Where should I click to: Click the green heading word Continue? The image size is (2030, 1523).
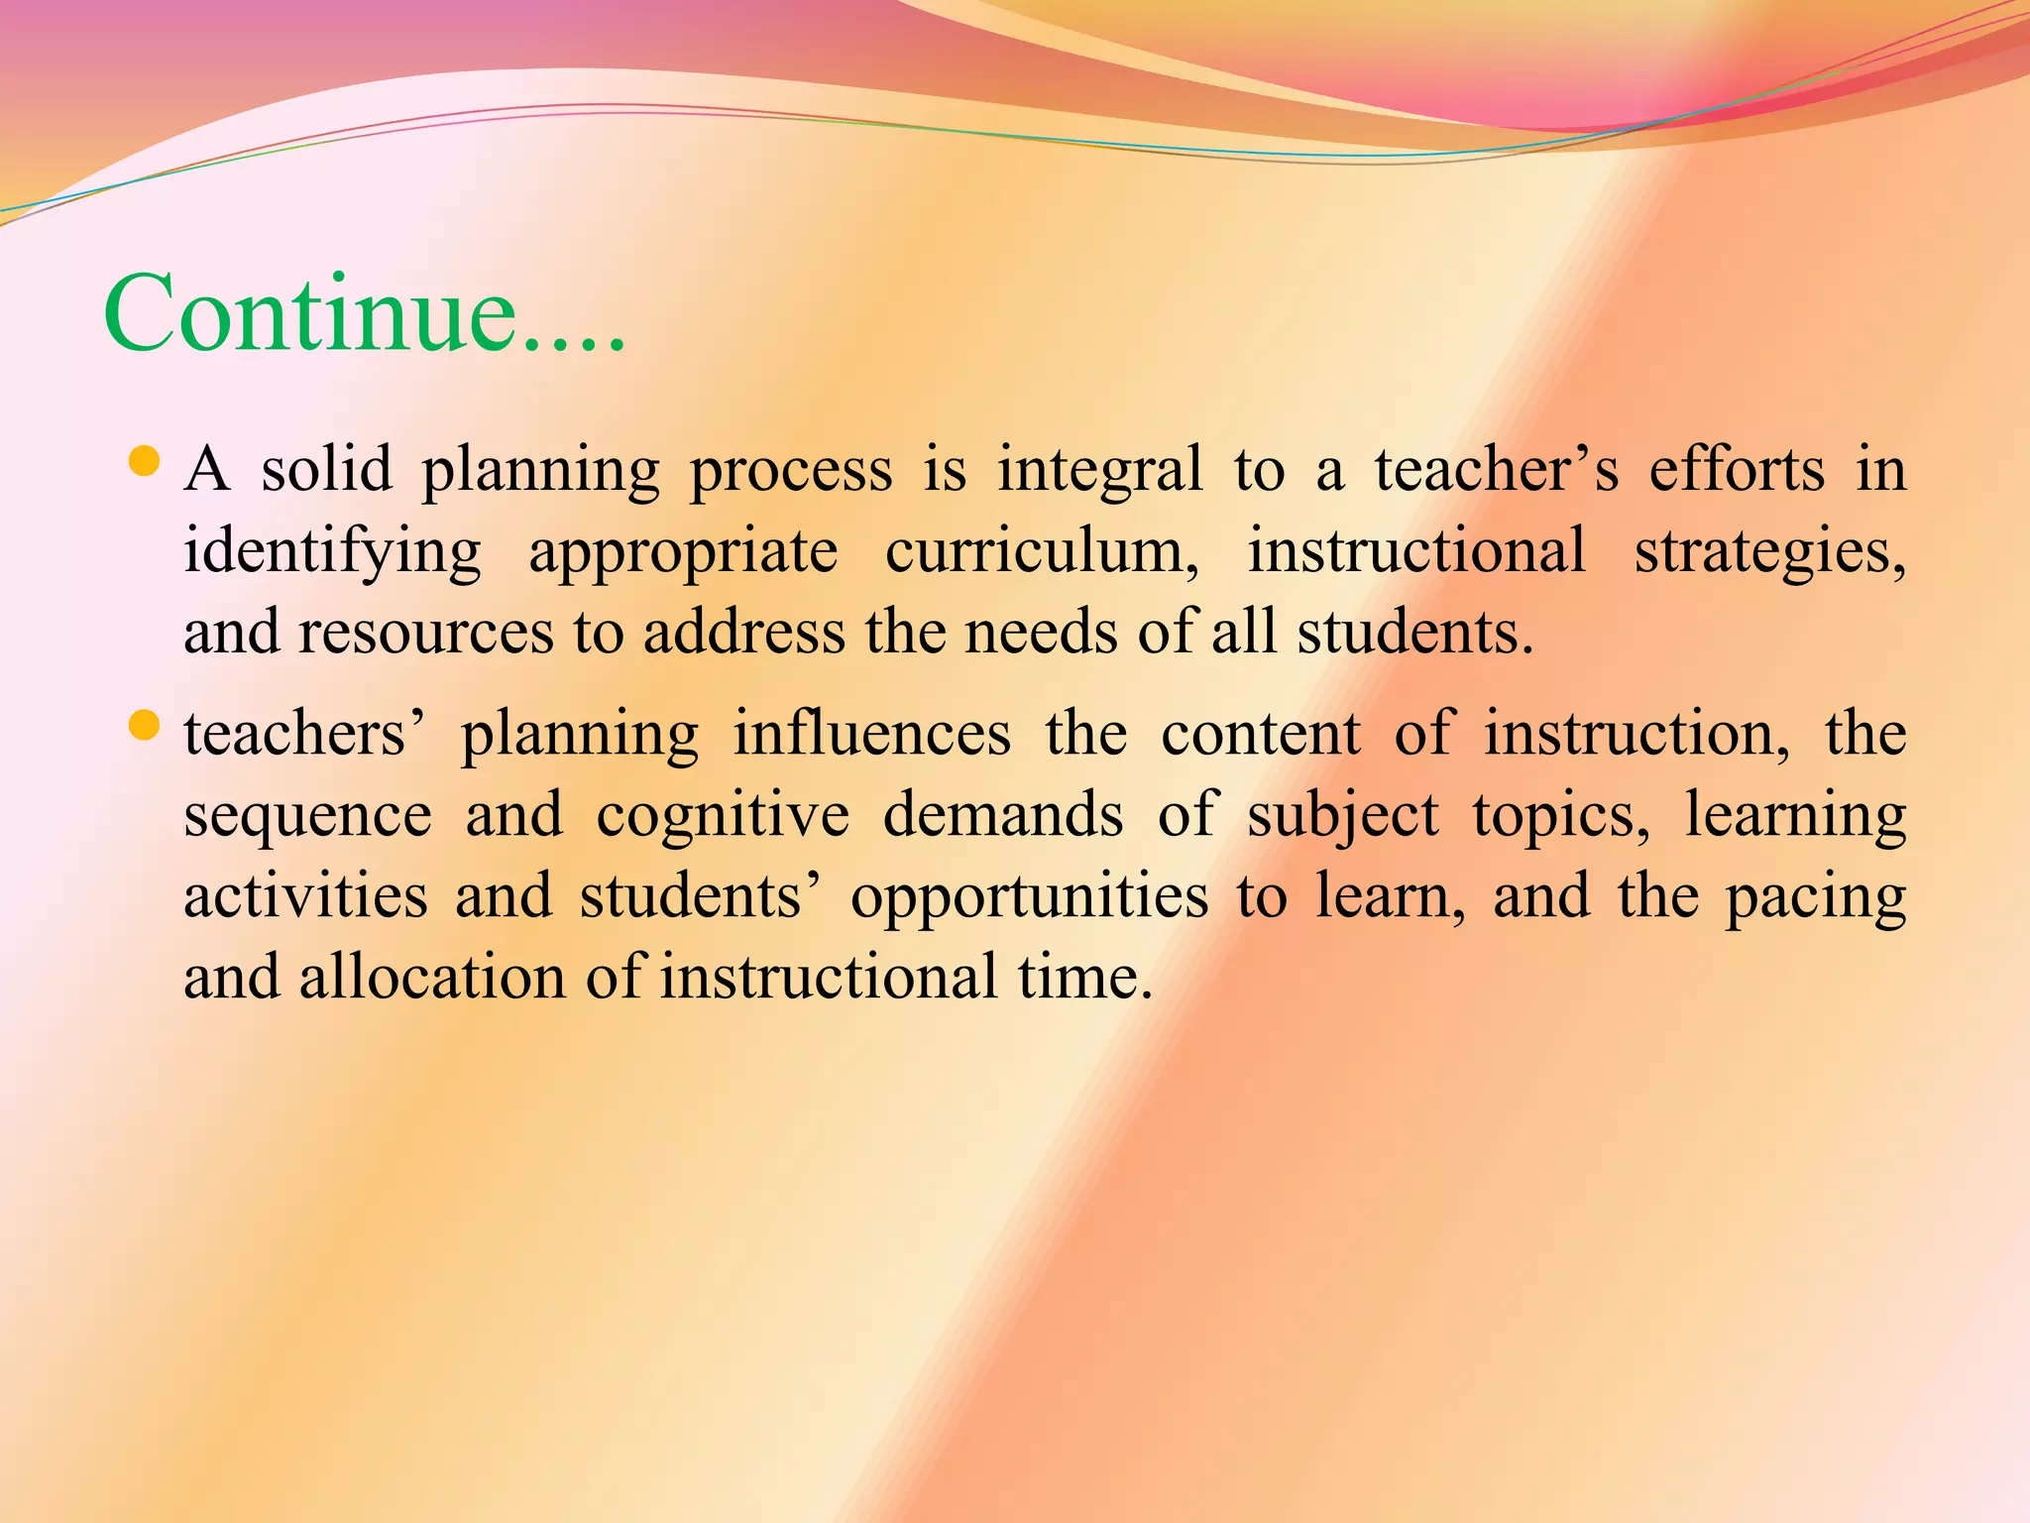(x=364, y=313)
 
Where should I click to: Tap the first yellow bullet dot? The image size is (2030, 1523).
(x=145, y=462)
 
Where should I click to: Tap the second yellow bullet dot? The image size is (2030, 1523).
(x=145, y=727)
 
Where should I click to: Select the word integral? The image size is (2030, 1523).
(x=1099, y=470)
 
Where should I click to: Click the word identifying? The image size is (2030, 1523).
(x=333, y=551)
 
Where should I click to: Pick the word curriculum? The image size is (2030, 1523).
(x=1041, y=551)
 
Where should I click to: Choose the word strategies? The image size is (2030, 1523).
(x=1770, y=551)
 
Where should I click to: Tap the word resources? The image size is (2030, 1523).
(x=426, y=633)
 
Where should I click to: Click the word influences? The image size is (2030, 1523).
(x=872, y=734)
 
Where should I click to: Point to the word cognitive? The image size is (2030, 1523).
(x=723, y=817)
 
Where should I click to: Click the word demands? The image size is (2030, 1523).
(x=1003, y=815)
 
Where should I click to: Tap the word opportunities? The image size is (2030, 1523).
(x=1029, y=898)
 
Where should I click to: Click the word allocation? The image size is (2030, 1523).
(x=432, y=978)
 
